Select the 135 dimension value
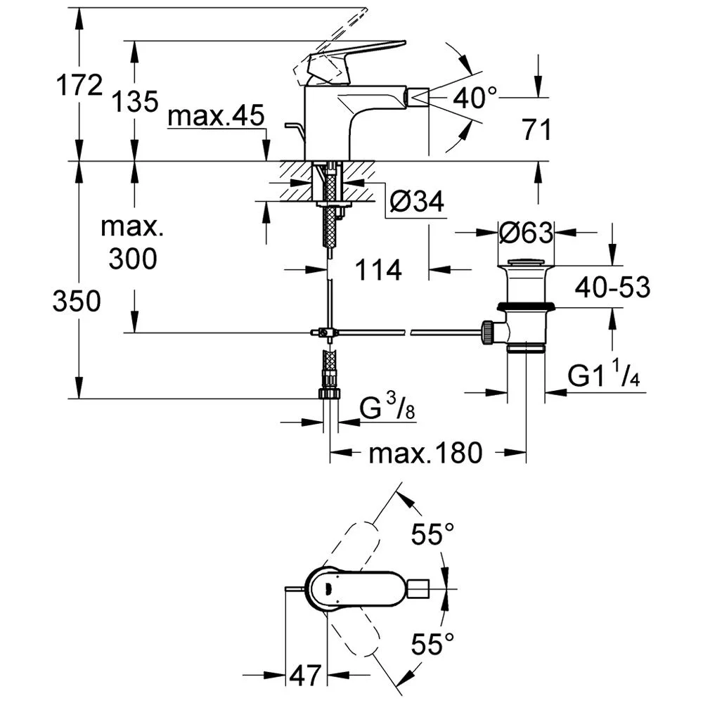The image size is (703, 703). pyautogui.click(x=135, y=102)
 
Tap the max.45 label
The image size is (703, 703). pyautogui.click(x=215, y=117)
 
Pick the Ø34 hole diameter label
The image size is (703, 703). pyautogui.click(x=416, y=203)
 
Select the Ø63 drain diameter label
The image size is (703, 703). pyautogui.click(x=526, y=232)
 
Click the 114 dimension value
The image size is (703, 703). pyautogui.click(x=378, y=269)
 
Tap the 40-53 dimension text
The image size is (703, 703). pyautogui.click(x=612, y=287)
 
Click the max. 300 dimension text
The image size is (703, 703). pyautogui.click(x=133, y=243)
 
